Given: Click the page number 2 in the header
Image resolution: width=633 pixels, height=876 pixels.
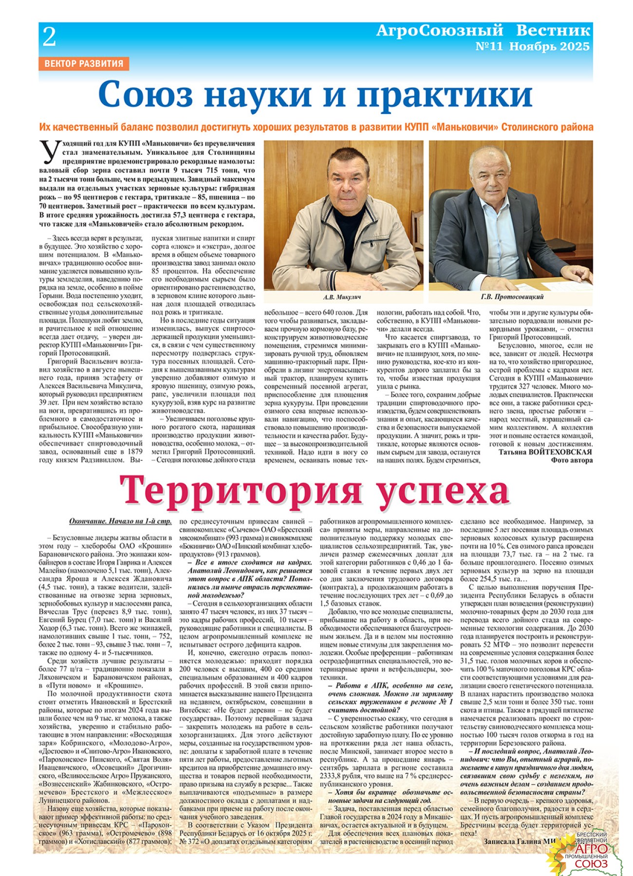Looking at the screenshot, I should pos(49,37).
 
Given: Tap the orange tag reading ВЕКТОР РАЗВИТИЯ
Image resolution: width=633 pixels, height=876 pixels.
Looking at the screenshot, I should pos(83,63).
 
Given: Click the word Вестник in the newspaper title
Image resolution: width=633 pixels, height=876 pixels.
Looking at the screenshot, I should pos(553,31).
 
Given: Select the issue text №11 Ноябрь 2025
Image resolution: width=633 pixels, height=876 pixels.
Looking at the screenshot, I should pos(532,47).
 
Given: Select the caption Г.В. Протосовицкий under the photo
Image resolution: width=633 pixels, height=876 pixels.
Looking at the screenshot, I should pos(511,297).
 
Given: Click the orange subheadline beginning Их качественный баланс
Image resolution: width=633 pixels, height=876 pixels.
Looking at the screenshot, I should pos(316,128).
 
